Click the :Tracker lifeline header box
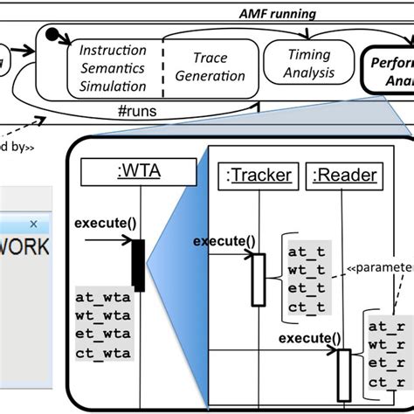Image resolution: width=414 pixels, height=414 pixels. tap(258, 175)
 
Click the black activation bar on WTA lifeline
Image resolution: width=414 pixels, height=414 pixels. tap(138, 266)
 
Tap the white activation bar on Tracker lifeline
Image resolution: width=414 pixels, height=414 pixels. tap(258, 279)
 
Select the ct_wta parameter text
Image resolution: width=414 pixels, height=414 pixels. tap(104, 353)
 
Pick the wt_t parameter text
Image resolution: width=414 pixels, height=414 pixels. tap(307, 270)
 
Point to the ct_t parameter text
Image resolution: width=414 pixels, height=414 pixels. tap(307, 306)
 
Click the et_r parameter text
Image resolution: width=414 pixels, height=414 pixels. tap(386, 362)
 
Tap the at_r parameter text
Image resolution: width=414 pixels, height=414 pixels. tap(386, 326)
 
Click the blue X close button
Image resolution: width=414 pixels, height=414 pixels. tap(33, 224)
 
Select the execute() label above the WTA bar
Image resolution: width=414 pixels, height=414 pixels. tap(106, 223)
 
